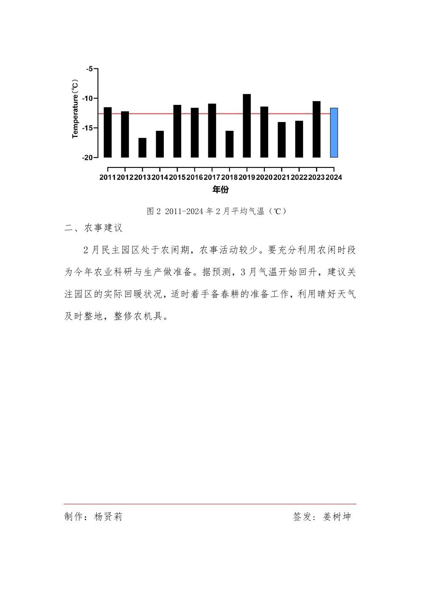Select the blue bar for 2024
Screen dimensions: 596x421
tap(334, 133)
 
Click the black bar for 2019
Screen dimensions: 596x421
tap(247, 126)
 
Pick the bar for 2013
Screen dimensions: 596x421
tap(142, 148)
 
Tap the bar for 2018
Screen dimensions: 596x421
tap(229, 144)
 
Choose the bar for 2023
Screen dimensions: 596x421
tap(317, 130)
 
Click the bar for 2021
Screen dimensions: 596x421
tap(281, 140)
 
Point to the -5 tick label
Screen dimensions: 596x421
tap(89, 68)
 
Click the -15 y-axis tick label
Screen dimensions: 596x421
tap(87, 128)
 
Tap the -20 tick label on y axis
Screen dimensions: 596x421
tap(87, 158)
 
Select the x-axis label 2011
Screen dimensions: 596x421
tap(107, 178)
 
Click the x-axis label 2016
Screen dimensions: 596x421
tap(194, 178)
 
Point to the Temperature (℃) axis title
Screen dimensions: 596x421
tap(76, 109)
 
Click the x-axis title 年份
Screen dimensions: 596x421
tap(220, 189)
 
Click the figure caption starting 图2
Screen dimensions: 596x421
tap(216, 211)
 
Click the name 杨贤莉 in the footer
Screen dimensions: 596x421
tap(108, 517)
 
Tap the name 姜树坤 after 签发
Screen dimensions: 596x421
tap(337, 517)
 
